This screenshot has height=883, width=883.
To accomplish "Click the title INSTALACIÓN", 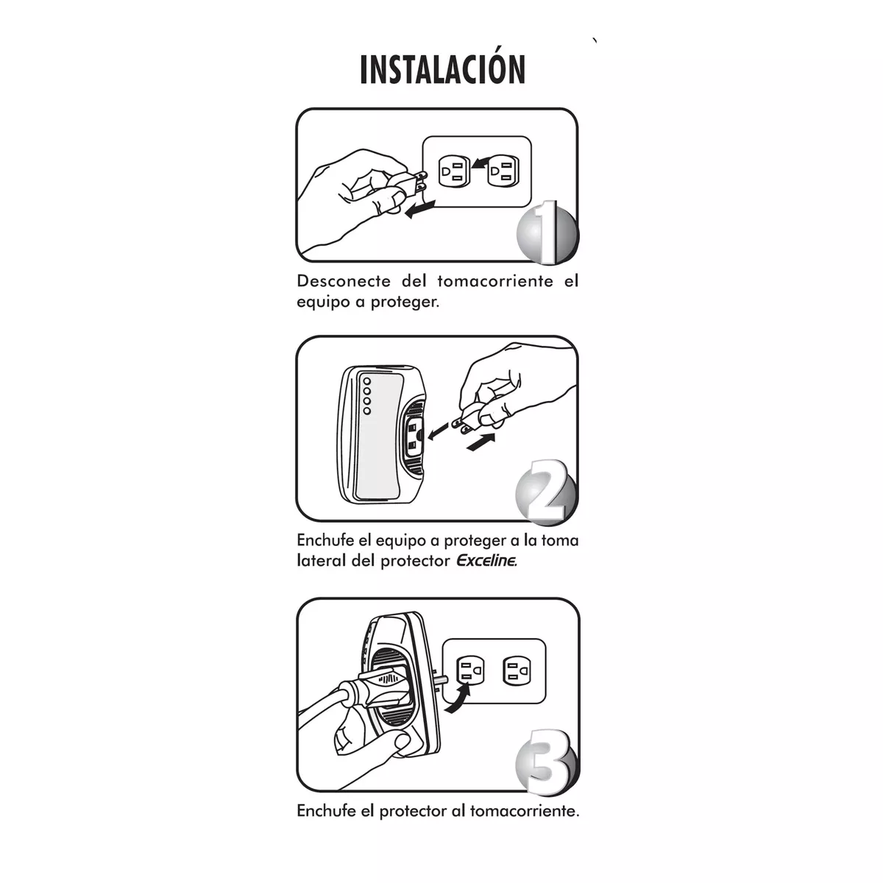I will (x=442, y=69).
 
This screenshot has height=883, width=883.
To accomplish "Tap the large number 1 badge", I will (x=547, y=234).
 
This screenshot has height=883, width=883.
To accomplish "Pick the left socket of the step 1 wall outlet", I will (x=452, y=171).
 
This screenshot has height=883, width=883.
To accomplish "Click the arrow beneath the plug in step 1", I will (x=421, y=209).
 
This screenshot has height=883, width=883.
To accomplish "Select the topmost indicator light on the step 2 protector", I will (x=366, y=380).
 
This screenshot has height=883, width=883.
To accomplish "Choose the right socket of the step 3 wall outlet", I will (x=516, y=670).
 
